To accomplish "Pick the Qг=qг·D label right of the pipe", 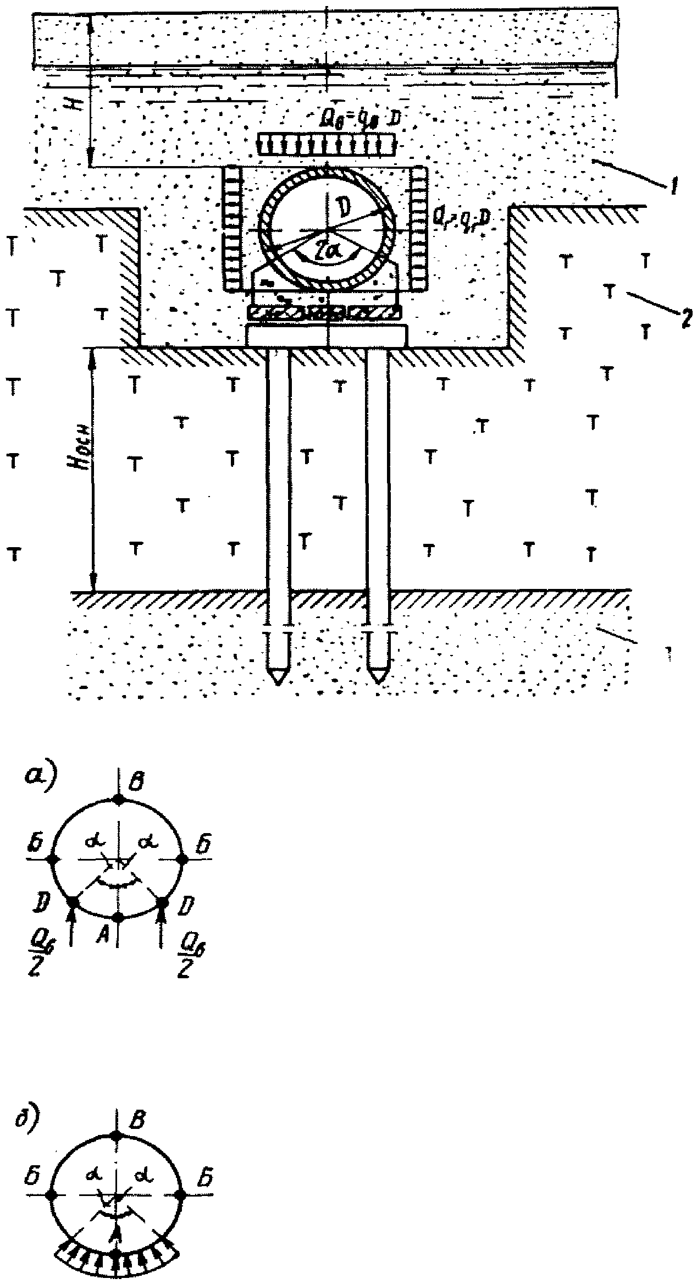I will [x=461, y=218].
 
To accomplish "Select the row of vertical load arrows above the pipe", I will [x=328, y=144].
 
